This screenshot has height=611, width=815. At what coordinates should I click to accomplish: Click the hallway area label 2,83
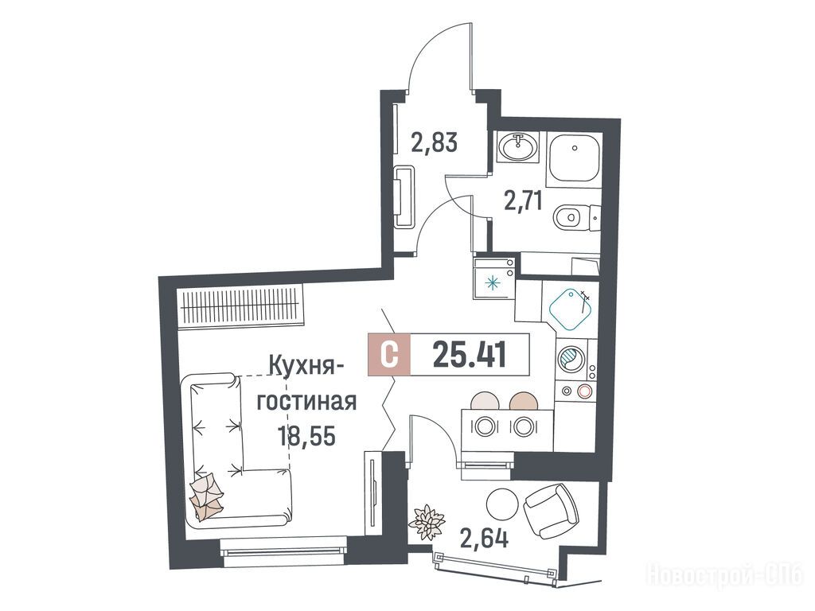point(434,142)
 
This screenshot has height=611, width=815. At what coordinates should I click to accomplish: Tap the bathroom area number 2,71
point(524,200)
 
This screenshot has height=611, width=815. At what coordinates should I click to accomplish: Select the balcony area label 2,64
point(483,538)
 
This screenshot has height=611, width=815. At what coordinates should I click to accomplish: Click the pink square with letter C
point(389,355)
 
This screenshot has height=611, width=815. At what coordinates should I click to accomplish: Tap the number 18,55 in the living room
point(306,435)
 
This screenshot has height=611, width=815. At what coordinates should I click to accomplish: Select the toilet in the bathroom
point(576,216)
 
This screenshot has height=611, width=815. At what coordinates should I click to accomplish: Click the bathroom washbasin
point(517,146)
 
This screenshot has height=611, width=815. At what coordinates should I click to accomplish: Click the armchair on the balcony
point(551,512)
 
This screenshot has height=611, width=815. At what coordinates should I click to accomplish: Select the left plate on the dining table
point(484,426)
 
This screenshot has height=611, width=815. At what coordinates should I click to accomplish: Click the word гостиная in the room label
point(307,401)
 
